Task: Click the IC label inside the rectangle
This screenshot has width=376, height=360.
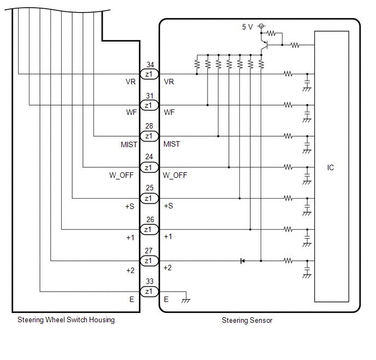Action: tap(331, 167)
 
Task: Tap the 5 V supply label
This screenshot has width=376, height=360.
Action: tap(247, 27)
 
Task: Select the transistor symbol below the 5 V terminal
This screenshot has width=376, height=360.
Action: tap(265, 45)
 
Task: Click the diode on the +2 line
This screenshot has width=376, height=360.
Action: tap(243, 261)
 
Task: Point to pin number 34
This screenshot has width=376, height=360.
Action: tap(150, 65)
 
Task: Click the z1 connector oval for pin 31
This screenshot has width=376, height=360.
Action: tap(149, 105)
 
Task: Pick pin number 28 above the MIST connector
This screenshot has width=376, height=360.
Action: tap(149, 126)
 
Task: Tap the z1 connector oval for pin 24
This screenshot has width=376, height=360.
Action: tap(149, 167)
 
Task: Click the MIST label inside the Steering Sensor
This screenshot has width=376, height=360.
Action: tap(172, 144)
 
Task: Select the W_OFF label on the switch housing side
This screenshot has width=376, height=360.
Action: tap(121, 175)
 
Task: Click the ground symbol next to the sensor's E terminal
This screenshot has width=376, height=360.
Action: tap(186, 300)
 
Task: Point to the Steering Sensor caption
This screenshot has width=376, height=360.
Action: tap(247, 321)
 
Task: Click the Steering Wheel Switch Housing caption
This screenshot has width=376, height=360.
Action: tap(66, 320)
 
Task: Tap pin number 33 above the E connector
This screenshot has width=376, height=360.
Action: tap(150, 281)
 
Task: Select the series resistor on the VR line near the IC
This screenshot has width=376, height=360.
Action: tap(288, 74)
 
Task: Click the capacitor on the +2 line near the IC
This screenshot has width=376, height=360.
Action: tap(307, 269)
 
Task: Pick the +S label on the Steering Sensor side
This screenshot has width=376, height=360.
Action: tap(168, 206)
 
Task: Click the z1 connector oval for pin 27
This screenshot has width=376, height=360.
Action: tap(149, 260)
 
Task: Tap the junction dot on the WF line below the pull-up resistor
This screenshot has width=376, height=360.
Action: tap(208, 105)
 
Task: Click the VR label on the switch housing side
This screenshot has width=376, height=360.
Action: tap(131, 82)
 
